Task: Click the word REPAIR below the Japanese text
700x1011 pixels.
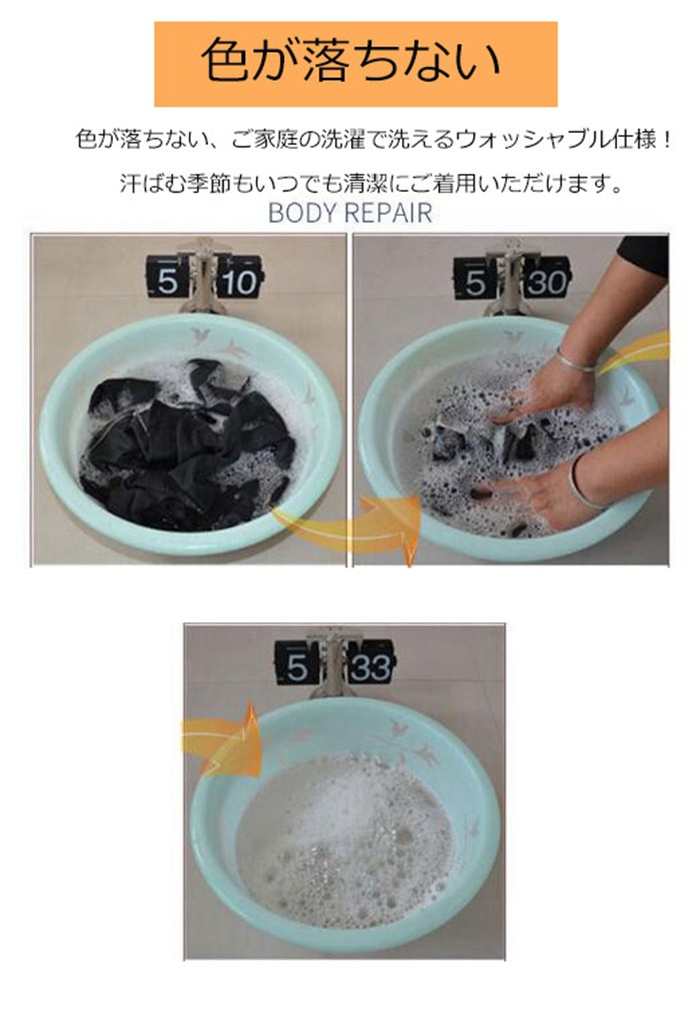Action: pos(387,213)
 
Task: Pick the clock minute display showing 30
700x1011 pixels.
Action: pos(546,282)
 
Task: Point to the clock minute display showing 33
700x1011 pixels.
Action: pos(371,666)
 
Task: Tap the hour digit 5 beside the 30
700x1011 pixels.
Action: pos(475,282)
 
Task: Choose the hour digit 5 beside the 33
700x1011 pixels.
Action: pos(297,664)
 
